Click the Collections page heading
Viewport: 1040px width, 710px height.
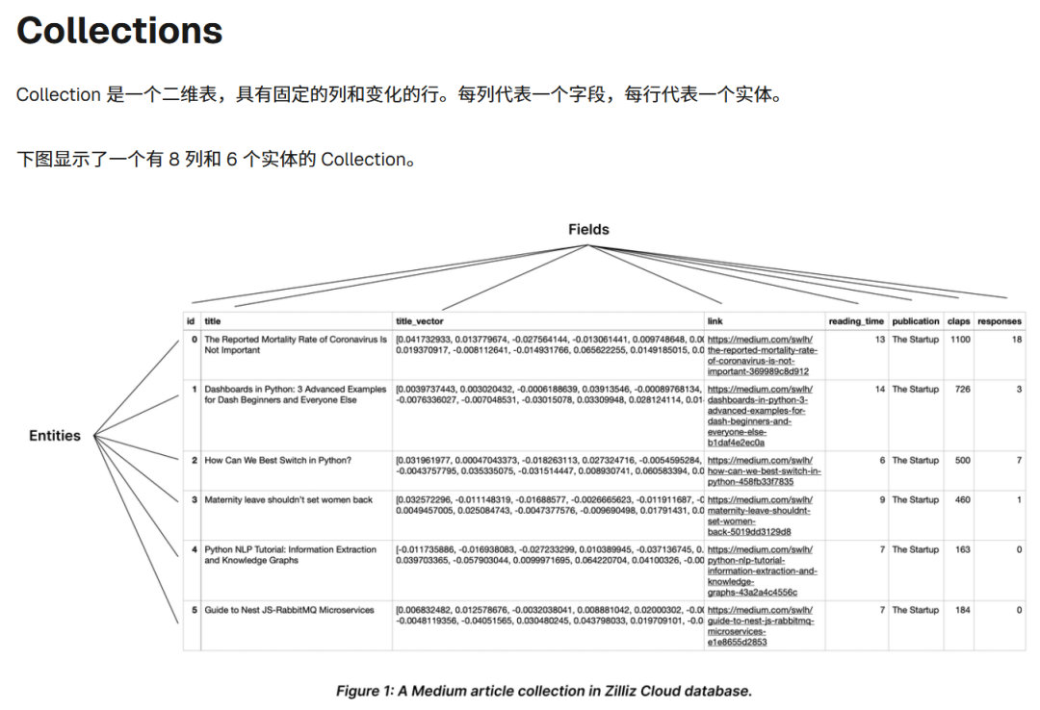(119, 31)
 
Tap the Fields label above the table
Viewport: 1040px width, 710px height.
(588, 229)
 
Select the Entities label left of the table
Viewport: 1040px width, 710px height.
(55, 436)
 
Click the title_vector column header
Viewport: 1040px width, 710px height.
(420, 321)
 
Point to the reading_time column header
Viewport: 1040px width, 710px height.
(856, 321)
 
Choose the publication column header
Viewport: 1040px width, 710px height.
(915, 321)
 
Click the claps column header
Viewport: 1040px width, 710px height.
(958, 321)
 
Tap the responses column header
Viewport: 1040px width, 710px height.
(1000, 321)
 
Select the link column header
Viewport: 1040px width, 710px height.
(715, 321)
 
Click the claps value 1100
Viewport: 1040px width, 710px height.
(960, 340)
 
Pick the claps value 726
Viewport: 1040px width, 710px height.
(962, 390)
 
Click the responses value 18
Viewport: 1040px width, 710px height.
(1016, 340)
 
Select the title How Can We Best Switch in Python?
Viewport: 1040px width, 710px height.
(278, 461)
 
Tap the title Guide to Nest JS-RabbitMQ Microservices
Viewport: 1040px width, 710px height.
(289, 610)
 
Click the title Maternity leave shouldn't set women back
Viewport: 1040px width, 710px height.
(288, 500)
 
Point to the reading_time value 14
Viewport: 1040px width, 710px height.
(879, 390)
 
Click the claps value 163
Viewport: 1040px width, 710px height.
(962, 549)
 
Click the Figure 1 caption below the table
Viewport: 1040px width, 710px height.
(543, 691)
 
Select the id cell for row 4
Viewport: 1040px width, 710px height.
(195, 549)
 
